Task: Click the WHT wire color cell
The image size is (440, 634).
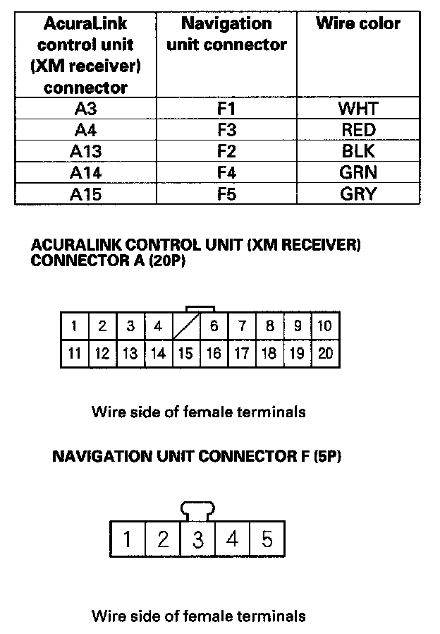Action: click(358, 108)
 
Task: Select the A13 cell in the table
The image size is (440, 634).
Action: click(85, 151)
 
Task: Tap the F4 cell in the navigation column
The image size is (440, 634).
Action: click(226, 172)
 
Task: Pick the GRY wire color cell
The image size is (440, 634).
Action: click(358, 193)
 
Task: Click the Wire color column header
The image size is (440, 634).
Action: click(358, 23)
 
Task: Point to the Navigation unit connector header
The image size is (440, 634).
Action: click(226, 34)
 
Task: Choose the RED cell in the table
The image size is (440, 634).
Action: click(358, 130)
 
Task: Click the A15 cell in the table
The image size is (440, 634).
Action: click(85, 193)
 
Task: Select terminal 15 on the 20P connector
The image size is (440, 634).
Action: click(185, 353)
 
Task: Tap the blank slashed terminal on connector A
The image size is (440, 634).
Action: click(185, 327)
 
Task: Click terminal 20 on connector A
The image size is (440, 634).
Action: click(325, 353)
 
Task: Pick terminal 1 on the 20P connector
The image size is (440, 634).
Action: click(74, 327)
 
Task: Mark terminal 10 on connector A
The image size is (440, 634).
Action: click(325, 327)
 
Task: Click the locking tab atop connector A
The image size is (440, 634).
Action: click(200, 309)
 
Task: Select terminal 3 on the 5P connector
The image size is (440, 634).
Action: click(198, 540)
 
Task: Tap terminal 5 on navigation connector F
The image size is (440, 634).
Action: click(267, 540)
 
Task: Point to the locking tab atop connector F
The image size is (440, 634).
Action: click(198, 509)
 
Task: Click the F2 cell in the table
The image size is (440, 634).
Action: click(226, 151)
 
